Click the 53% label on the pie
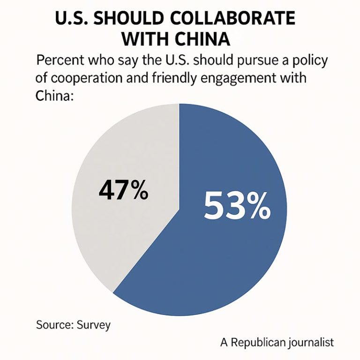point(237,206)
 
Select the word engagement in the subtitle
point(244,78)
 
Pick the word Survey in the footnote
point(94,325)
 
